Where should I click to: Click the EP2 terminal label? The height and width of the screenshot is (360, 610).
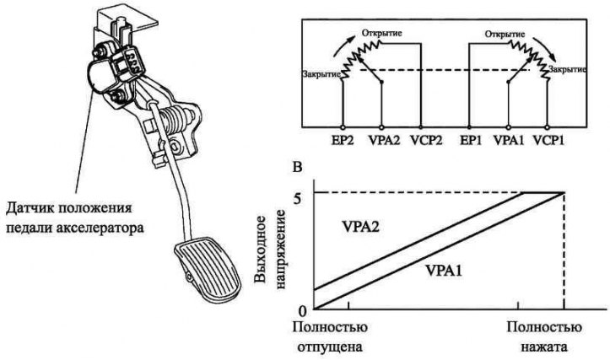343,140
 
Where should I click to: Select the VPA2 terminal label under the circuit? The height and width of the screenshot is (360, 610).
384,140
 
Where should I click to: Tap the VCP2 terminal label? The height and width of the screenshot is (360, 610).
426,140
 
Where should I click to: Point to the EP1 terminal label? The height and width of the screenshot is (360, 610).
470,140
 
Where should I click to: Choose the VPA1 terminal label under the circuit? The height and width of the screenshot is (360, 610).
509,140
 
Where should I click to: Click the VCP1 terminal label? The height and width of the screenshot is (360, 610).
548,140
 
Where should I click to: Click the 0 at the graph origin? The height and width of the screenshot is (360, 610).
304,311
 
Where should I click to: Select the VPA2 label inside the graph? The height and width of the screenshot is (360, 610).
360,226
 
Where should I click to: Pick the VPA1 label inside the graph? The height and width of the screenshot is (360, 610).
444,270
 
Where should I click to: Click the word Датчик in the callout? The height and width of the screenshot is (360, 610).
28,208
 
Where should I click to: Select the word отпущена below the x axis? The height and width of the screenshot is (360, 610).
330,347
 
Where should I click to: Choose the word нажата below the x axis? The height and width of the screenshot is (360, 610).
545,347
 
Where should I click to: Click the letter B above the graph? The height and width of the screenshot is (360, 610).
297,167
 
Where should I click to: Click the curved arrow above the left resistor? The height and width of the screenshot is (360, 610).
344,45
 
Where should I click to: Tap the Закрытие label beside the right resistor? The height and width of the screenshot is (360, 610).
567,70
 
